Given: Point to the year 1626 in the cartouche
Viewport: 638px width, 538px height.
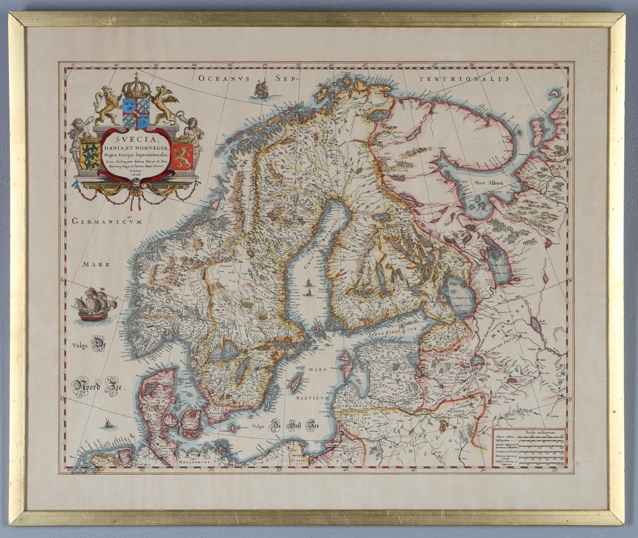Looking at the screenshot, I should pyautogui.click(x=136, y=173).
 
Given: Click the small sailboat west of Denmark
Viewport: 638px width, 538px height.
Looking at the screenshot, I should pyautogui.click(x=107, y=423).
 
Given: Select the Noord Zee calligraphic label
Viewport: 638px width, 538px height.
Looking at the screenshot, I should pyautogui.click(x=99, y=387).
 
